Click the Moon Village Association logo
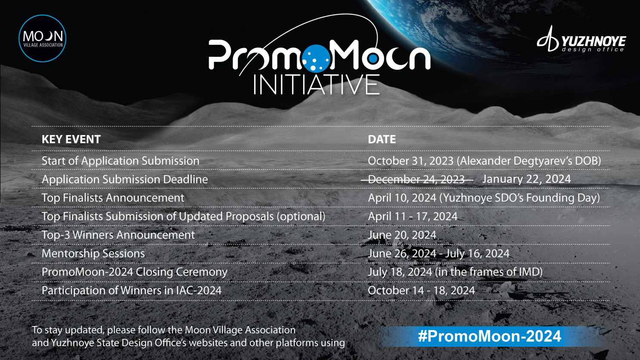click(43, 38)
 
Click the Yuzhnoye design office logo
click(581, 40)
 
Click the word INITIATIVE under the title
click(317, 84)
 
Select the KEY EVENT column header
click(71, 139)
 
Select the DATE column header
click(382, 139)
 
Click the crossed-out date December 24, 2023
click(416, 179)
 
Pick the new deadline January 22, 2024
click(526, 179)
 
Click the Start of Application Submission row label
click(120, 161)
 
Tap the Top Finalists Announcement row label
click(113, 198)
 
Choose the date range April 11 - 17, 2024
click(412, 216)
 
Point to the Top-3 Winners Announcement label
click(118, 235)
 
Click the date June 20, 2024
click(402, 235)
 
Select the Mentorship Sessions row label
click(93, 253)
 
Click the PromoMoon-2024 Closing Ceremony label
click(134, 272)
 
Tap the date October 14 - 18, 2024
click(421, 290)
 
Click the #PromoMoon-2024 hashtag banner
click(489, 336)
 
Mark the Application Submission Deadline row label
click(125, 179)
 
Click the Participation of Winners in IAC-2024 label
click(132, 290)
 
